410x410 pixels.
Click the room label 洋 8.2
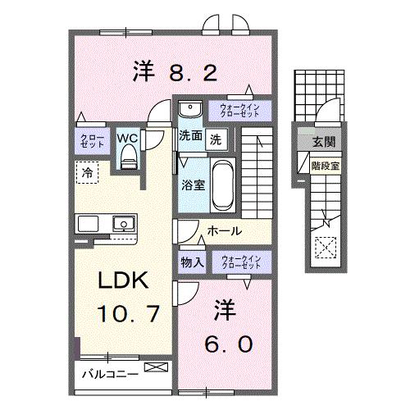click(174, 73)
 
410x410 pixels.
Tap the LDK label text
click(122, 281)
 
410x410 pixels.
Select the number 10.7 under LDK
click(125, 312)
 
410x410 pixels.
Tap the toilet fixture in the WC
click(128, 159)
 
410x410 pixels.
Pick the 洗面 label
click(190, 138)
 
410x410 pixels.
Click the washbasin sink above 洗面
click(189, 109)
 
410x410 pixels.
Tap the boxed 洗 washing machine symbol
click(215, 138)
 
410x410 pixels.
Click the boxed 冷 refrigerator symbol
click(86, 172)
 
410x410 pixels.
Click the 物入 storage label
click(193, 262)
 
